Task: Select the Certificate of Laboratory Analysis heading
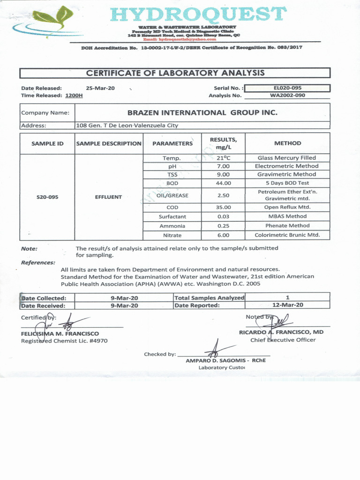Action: point(175,73)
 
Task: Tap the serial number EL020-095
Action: point(287,88)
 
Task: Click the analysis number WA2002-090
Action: point(287,96)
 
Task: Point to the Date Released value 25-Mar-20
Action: point(100,88)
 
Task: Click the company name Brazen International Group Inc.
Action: point(202,112)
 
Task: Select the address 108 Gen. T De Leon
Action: point(127,126)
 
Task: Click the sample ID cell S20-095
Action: point(47,197)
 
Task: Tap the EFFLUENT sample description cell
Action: point(108,197)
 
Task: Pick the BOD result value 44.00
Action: point(223,183)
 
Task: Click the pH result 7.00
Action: point(223,166)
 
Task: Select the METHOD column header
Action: point(287,143)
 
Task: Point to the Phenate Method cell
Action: point(287,226)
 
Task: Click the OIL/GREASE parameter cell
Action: point(172,195)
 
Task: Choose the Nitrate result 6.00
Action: point(223,235)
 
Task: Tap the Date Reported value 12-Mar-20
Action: point(287,305)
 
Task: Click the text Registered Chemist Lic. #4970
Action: point(64,341)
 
